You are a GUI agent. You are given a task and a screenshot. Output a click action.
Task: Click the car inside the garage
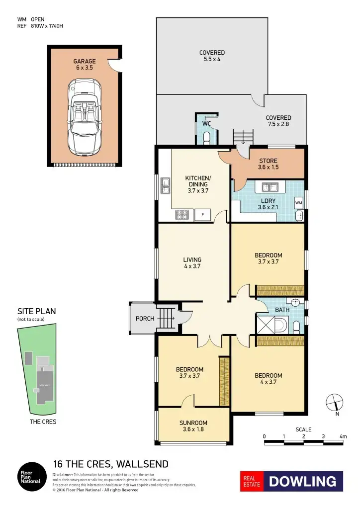(x=84, y=116)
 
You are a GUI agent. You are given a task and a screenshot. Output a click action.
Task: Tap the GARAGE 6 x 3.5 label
(x=85, y=65)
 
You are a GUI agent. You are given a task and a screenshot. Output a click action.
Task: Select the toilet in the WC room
(x=207, y=137)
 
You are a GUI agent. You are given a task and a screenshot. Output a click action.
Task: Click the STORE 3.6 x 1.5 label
(x=268, y=164)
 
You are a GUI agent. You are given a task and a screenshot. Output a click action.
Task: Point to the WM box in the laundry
(x=298, y=203)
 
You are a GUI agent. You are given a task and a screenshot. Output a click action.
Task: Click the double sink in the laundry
(x=270, y=187)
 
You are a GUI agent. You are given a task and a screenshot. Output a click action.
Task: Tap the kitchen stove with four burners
(x=182, y=215)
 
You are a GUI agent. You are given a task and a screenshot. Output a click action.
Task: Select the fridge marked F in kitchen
(x=202, y=215)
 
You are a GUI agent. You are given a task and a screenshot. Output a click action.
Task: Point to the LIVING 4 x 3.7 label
(x=192, y=263)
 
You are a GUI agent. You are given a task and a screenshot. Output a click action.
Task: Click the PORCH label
(x=145, y=319)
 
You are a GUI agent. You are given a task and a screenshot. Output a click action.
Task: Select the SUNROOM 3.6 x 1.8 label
(x=191, y=426)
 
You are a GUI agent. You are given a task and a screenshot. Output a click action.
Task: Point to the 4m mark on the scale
(x=343, y=436)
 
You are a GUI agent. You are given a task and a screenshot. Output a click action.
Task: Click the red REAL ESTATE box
(x=252, y=481)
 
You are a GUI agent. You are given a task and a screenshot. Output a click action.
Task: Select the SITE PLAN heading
(x=36, y=312)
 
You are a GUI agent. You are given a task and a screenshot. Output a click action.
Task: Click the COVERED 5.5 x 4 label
(x=212, y=56)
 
